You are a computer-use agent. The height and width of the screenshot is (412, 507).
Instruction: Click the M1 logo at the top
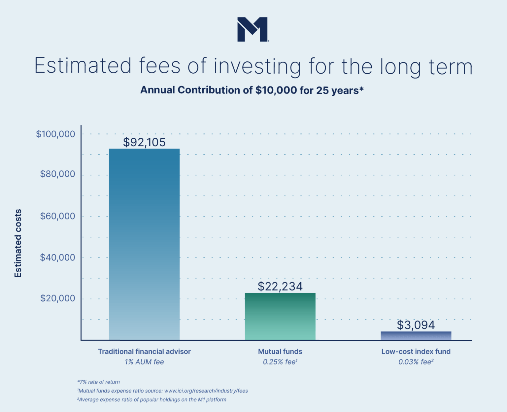(253, 29)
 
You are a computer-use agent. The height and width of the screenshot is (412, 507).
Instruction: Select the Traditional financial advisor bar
(144, 244)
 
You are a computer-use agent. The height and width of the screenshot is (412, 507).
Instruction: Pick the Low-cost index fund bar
(416, 336)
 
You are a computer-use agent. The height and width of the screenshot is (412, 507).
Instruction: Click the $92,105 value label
(144, 142)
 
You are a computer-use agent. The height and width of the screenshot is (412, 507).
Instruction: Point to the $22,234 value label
(280, 286)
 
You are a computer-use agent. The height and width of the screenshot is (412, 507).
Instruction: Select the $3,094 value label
(416, 325)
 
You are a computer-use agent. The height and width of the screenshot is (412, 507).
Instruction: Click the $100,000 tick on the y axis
(55, 134)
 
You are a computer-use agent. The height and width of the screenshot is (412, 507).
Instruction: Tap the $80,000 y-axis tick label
(57, 174)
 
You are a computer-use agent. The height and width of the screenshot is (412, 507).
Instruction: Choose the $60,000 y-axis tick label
(57, 216)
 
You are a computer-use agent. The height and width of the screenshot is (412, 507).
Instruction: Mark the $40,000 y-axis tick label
(57, 257)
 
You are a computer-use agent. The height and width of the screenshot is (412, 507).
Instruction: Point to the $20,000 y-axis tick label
(57, 298)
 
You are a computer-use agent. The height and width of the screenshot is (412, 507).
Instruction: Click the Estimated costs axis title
(18, 243)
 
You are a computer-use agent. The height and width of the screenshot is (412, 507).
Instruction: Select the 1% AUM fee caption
(144, 362)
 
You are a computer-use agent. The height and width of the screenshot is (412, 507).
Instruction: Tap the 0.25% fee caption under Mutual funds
(280, 362)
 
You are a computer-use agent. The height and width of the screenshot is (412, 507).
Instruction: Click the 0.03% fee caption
(416, 362)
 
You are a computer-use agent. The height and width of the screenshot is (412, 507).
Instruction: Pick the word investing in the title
(257, 66)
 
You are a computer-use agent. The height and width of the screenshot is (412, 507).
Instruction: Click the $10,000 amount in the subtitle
(276, 90)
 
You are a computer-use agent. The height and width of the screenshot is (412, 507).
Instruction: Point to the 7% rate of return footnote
(98, 382)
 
